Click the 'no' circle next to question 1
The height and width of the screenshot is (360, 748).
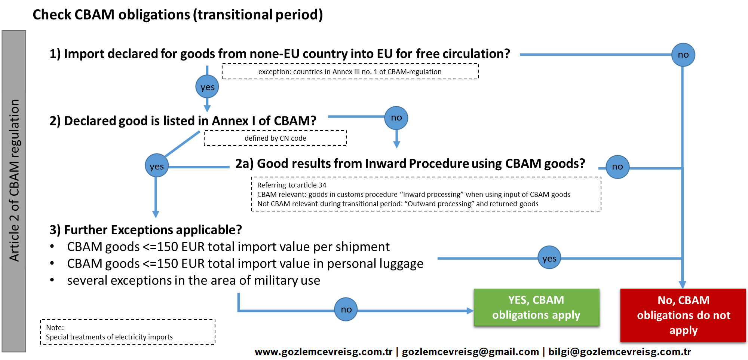tap(683, 55)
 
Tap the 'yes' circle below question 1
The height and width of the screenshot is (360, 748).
tap(207, 87)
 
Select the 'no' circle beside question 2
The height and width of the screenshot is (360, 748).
tap(396, 118)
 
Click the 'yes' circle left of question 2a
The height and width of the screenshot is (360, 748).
tap(156, 166)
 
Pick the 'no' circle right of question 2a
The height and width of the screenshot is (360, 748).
tap(617, 167)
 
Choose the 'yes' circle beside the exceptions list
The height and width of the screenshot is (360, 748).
tap(549, 258)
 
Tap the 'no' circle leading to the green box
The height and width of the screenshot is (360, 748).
tap(346, 309)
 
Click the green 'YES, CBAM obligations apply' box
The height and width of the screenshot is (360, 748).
tap(536, 308)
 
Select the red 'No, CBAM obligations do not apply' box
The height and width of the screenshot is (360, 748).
tap(683, 315)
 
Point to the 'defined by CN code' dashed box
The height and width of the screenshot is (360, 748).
tap(275, 138)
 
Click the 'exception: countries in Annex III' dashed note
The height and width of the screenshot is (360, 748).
tap(350, 71)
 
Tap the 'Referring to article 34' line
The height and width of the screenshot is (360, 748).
tap(292, 185)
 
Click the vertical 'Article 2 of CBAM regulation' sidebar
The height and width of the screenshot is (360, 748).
tap(14, 191)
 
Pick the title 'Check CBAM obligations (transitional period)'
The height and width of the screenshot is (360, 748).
tap(178, 15)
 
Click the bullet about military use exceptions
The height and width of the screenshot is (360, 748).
tap(193, 280)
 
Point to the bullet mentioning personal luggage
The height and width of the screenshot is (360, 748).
tap(245, 263)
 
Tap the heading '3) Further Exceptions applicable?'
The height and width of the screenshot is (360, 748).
tap(145, 229)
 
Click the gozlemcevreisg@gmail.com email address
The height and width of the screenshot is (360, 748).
tap(470, 352)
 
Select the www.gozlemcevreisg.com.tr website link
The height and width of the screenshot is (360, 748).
tap(324, 352)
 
